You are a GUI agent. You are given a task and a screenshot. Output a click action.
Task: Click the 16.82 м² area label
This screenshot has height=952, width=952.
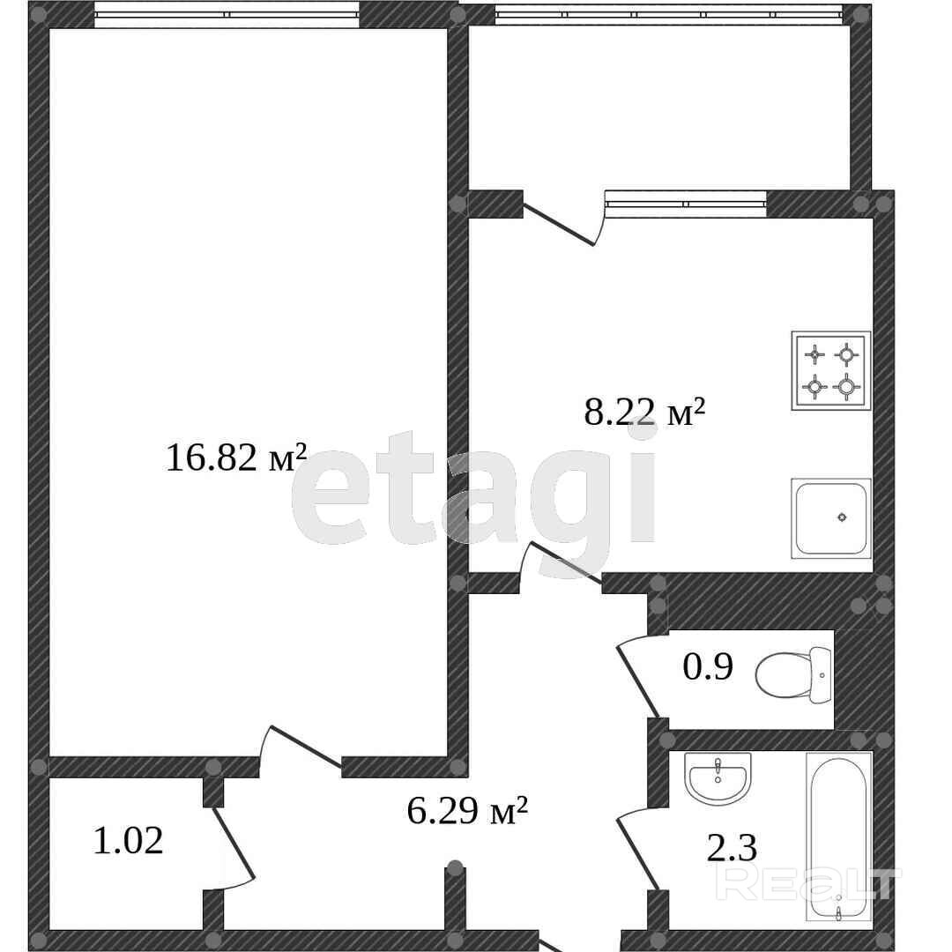pyautogui.click(x=236, y=457)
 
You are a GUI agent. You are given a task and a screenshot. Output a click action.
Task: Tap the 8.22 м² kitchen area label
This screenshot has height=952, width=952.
pyautogui.click(x=644, y=413)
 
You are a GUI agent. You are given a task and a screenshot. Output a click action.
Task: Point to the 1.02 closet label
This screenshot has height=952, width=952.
pyautogui.click(x=128, y=841)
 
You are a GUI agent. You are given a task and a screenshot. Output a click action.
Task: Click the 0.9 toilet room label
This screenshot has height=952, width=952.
pyautogui.click(x=708, y=666)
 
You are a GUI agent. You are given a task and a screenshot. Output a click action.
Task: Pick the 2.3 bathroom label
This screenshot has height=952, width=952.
pyautogui.click(x=733, y=848)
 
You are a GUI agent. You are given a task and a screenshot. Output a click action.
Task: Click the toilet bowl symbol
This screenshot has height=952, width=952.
pyautogui.click(x=793, y=674)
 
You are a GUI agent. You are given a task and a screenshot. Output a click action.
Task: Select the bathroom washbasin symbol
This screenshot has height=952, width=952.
pyautogui.click(x=718, y=778)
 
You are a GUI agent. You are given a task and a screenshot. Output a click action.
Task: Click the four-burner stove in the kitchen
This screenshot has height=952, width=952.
pyautogui.click(x=831, y=370)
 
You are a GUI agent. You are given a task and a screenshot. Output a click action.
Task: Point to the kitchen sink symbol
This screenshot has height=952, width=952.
pyautogui.click(x=831, y=518)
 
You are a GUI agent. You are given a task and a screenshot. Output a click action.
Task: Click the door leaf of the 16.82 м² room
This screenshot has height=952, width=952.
pyautogui.click(x=305, y=747)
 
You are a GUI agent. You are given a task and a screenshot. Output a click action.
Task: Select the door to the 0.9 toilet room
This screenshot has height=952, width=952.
pyautogui.click(x=637, y=681)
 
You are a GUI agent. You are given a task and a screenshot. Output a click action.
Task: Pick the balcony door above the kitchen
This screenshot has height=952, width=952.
pyautogui.click(x=559, y=225)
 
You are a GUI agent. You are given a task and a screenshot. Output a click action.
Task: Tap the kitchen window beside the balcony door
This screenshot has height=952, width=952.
pyautogui.click(x=686, y=204)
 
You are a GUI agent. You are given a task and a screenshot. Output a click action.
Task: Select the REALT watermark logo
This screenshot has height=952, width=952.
pyautogui.click(x=808, y=883)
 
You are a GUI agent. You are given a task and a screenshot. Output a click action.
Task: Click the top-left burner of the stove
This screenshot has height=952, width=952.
pyautogui.click(x=814, y=354)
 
